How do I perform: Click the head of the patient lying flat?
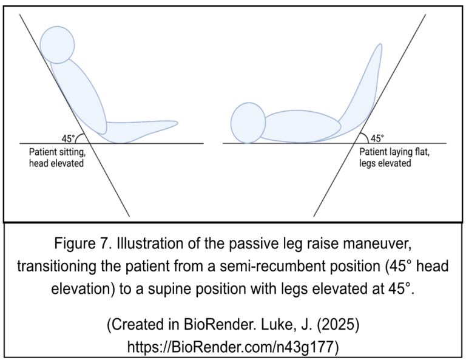[x=248, y=123]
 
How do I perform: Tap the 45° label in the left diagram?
[x=68, y=138]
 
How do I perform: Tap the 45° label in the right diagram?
[x=377, y=138]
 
